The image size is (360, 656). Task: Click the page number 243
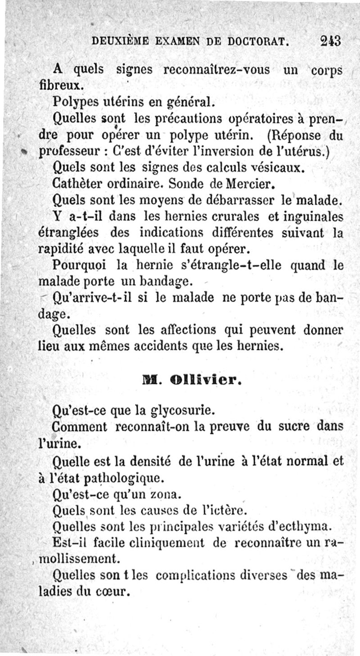tap(331, 41)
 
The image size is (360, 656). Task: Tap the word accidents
tap(171, 347)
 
